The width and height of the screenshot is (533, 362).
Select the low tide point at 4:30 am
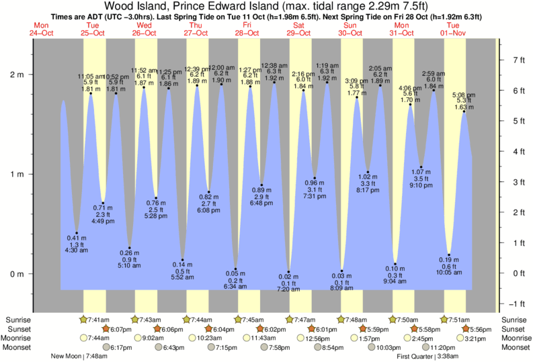pos(77,233)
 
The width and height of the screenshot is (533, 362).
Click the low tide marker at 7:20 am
pos(289,272)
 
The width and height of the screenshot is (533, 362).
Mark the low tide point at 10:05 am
pos(449,255)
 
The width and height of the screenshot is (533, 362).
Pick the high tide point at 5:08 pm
pos(464,111)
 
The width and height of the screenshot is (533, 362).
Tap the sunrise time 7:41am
pos(95,320)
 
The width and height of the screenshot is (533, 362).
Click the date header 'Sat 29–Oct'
pos(298,29)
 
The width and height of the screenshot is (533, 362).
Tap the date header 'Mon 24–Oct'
pos(41,29)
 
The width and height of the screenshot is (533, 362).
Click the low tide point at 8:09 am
pos(341,271)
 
